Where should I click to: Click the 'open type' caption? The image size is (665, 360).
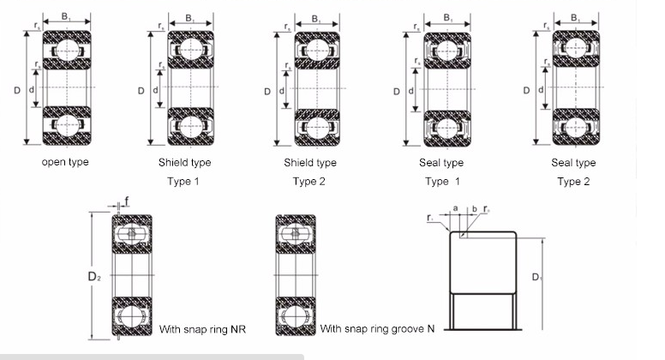coord(64,161)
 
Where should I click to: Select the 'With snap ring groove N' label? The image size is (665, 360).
coord(377,328)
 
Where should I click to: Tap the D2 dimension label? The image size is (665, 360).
coord(95,277)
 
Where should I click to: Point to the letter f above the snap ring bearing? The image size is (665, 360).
coord(127,202)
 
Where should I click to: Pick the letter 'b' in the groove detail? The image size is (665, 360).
coord(474,208)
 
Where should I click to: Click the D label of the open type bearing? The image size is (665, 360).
coord(17,90)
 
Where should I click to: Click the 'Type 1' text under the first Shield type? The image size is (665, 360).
coord(184,181)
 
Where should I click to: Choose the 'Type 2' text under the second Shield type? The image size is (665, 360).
coord(309,181)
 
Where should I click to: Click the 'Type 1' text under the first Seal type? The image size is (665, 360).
coord(442,181)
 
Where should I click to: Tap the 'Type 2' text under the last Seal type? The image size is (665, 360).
coord(573,181)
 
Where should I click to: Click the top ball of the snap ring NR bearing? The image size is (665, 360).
coord(131,235)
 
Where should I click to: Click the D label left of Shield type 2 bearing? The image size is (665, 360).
coord(267,90)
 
